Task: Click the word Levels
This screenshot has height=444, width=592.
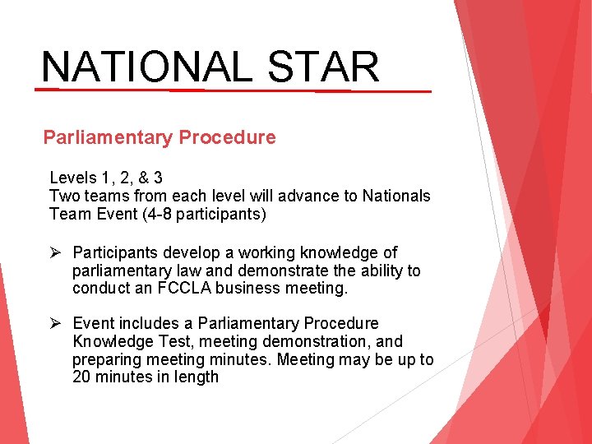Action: [x=72, y=178]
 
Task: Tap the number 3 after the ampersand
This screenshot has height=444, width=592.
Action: [x=158, y=178]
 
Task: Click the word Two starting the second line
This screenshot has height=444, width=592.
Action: [x=63, y=196]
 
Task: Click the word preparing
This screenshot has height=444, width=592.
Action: [x=105, y=359]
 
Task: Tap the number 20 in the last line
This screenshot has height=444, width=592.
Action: [x=81, y=377]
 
